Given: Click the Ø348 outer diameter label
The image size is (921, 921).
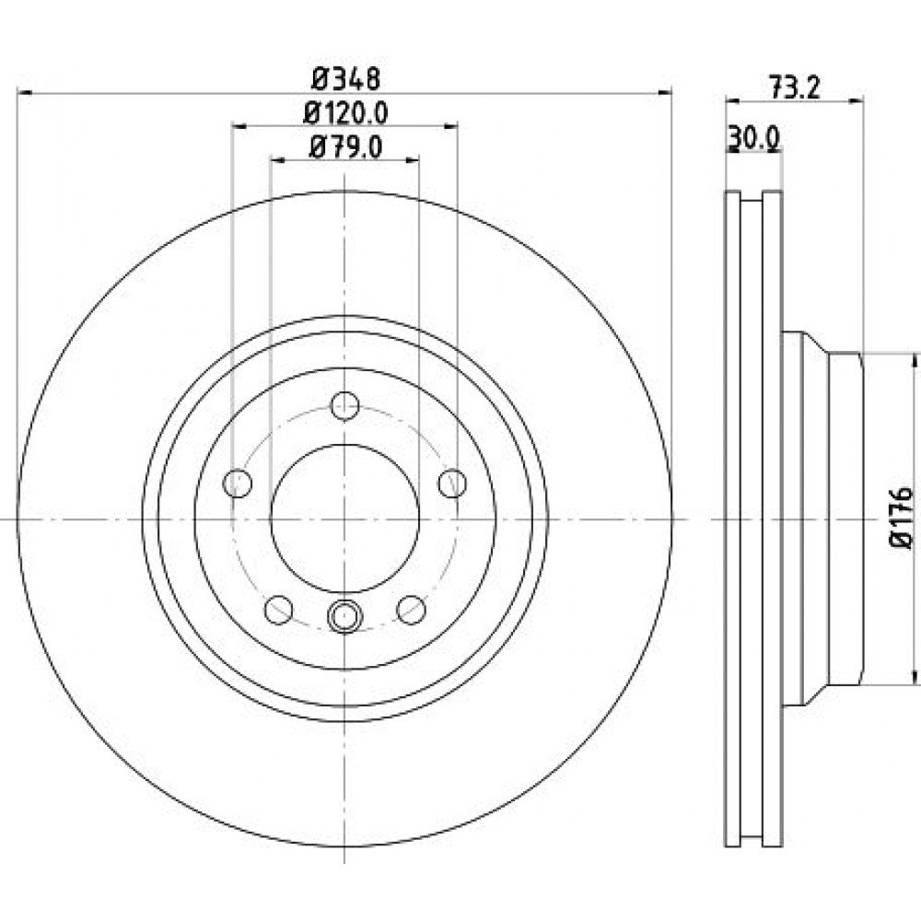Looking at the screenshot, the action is pos(346,78).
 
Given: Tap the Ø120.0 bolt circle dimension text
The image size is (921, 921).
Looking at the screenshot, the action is pos(345,112).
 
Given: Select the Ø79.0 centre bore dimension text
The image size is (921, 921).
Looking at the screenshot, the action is pos(345,146).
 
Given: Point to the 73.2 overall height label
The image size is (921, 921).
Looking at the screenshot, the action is pos(794,88).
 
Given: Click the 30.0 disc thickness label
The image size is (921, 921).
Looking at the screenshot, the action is pos(753,139).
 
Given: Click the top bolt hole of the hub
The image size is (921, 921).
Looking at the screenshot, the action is pos(344,405).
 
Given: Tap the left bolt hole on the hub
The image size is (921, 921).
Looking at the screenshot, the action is pos(238,484).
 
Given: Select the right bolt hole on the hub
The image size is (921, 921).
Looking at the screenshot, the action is pos(452,483).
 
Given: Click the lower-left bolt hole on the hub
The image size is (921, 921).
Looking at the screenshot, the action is pos(279,610).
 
